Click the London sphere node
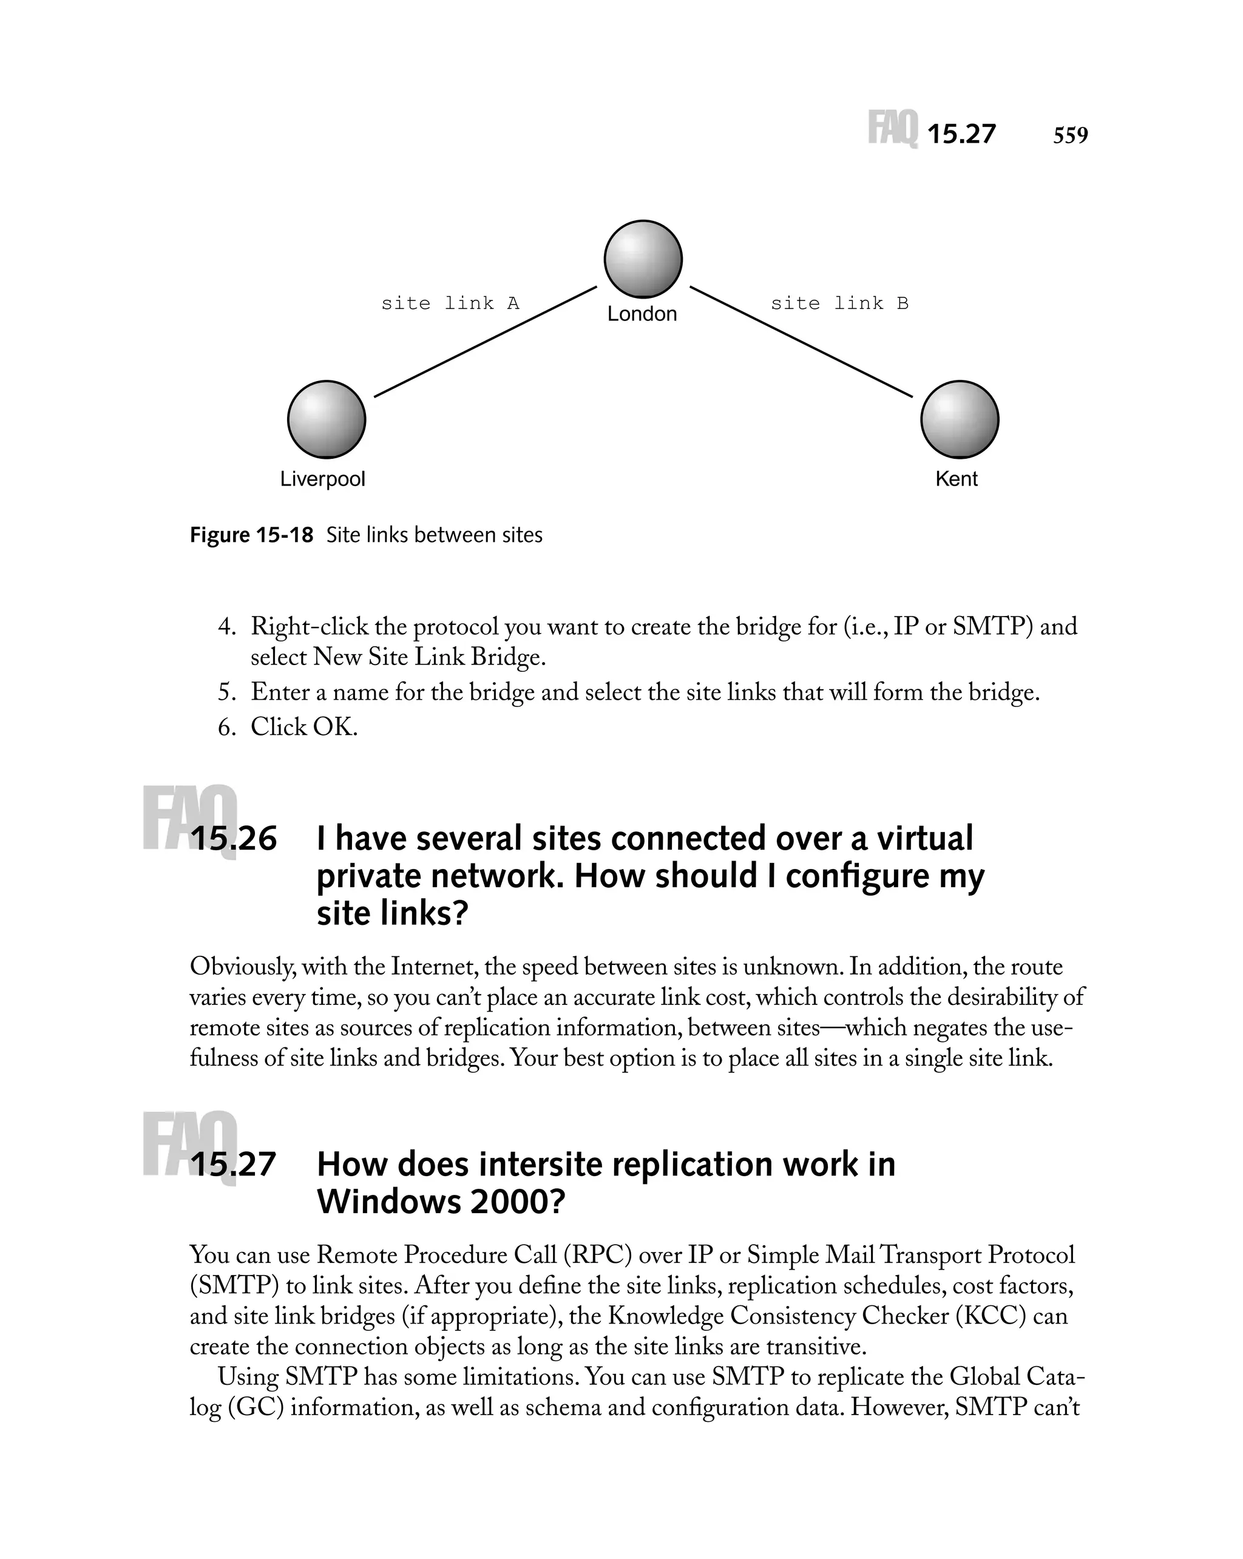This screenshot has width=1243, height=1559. click(x=642, y=259)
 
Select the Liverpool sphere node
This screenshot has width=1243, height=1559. click(x=326, y=419)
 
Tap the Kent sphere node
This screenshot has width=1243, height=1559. click(x=959, y=419)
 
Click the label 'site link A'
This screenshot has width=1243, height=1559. click(x=450, y=303)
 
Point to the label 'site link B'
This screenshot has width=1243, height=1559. click(x=839, y=303)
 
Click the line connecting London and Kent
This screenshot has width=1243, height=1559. click(x=801, y=341)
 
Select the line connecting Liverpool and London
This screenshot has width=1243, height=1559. click(x=484, y=341)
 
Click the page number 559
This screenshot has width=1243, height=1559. click(x=1070, y=135)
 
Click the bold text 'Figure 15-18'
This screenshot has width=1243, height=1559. click(x=251, y=535)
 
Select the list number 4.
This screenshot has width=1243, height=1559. click(x=226, y=627)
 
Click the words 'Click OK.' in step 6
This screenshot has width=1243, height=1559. click(x=303, y=727)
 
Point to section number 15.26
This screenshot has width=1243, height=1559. click(x=233, y=839)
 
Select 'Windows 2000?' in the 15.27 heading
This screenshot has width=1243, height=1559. click(x=441, y=1202)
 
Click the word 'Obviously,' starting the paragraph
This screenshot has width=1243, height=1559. click(x=242, y=967)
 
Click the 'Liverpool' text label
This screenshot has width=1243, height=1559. click(x=322, y=479)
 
